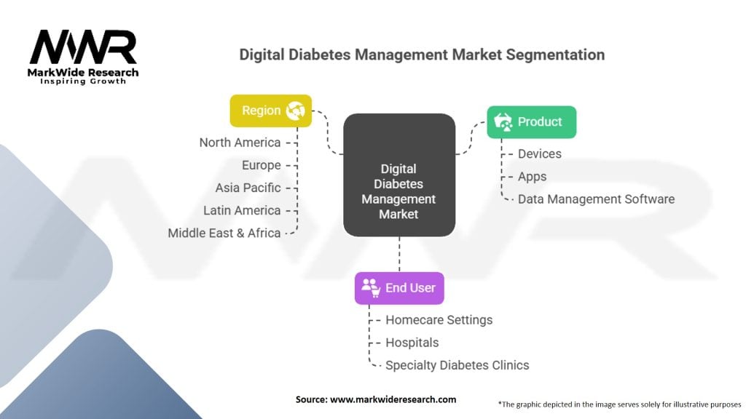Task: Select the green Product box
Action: point(531,122)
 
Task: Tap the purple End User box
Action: point(399,288)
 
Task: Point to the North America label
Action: point(240,143)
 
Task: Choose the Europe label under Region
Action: point(261,165)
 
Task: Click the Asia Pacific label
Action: point(248,188)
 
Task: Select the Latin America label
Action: point(242,210)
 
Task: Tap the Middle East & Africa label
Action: point(224,233)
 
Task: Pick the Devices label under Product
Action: point(539,153)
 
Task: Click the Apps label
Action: point(532,176)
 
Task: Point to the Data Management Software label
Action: point(596,199)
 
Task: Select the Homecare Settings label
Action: point(439,319)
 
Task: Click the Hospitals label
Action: point(412,342)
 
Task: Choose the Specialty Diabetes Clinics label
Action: point(457,364)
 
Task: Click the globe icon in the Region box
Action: point(295,111)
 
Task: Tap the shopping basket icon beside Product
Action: point(503,122)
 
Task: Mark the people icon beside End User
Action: point(371,288)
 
